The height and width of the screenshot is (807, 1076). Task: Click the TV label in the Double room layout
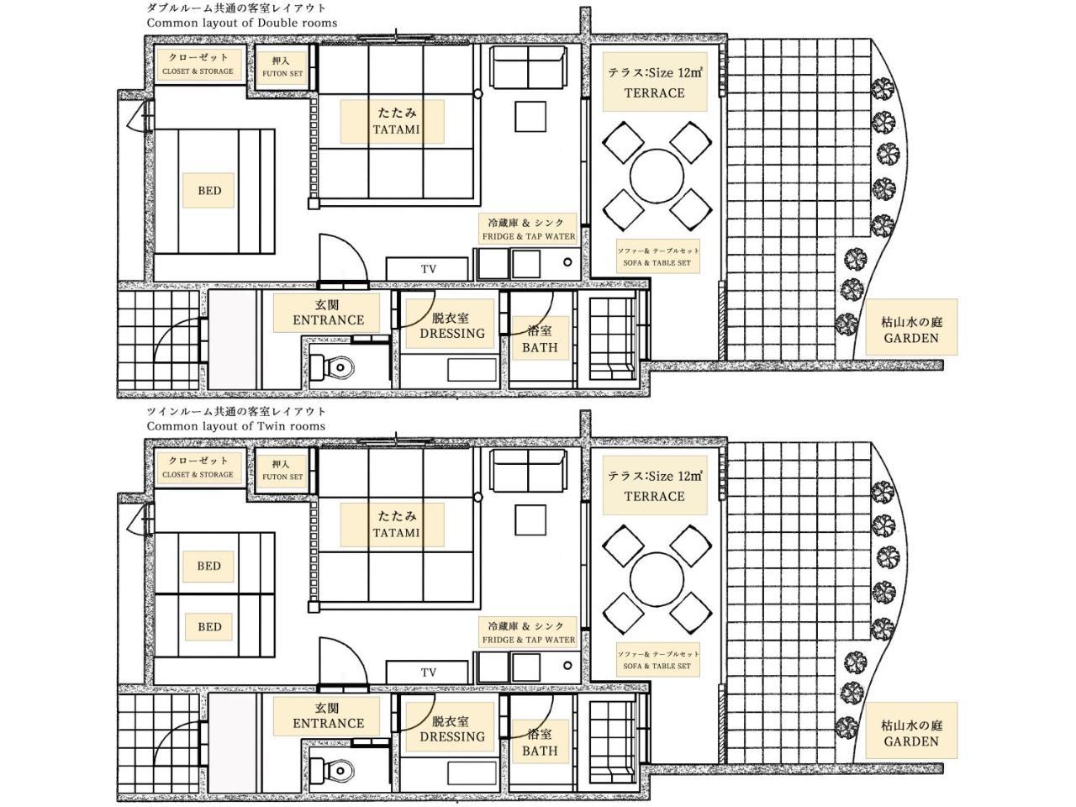pos(429,269)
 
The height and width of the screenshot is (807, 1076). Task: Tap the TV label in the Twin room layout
pos(429,672)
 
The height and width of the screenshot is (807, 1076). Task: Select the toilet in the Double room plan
pos(333,367)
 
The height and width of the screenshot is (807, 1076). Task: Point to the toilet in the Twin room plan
pos(333,770)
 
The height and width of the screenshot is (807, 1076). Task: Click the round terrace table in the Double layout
pos(657,176)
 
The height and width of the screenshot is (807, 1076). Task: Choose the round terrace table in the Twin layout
pos(657,579)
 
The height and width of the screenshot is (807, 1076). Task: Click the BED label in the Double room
pos(209,191)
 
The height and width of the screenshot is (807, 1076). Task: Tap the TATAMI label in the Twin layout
pos(396,533)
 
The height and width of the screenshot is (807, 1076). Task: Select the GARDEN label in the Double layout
pos(910,338)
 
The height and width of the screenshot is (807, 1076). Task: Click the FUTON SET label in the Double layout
pos(282,73)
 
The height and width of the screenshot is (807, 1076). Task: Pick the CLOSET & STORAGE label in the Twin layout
pos(198,474)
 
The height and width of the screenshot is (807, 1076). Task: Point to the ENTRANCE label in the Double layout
pos(329,320)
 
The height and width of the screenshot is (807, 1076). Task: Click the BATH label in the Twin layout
pos(540,751)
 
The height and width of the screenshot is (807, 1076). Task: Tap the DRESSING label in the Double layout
pos(452,334)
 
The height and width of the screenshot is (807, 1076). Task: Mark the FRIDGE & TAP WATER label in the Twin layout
pos(529,640)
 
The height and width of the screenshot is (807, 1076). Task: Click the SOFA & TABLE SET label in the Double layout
pos(657,263)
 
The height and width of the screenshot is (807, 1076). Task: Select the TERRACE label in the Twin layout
pos(654,496)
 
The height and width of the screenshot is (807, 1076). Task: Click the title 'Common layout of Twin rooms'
pos(235,426)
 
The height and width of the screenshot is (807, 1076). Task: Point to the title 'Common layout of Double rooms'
pos(241,23)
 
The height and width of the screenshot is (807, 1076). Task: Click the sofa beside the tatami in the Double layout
pos(528,67)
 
